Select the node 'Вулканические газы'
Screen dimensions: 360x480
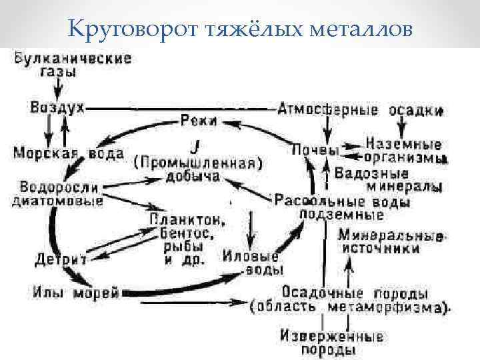point(71,65)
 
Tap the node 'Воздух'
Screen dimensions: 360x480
point(57,107)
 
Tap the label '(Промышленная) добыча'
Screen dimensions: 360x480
point(196,169)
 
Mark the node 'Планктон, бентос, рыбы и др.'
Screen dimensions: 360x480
point(187,238)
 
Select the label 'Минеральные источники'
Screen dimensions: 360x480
point(391,241)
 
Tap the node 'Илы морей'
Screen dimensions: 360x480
point(76,292)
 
